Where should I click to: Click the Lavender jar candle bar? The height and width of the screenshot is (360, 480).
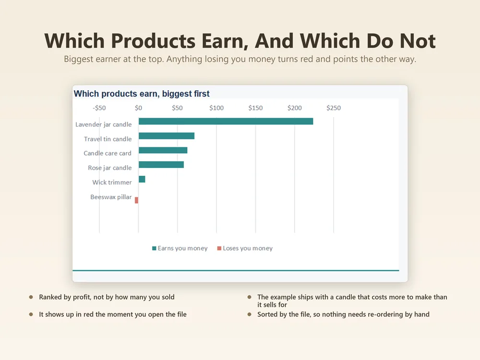(x=226, y=121)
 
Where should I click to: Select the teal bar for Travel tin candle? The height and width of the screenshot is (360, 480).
(x=167, y=136)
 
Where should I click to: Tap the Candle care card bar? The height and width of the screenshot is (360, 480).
(x=163, y=150)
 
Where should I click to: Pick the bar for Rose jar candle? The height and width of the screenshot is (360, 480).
(x=161, y=165)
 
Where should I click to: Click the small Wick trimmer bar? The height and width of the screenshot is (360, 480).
(x=142, y=179)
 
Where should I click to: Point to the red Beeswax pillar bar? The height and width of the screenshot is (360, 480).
(x=136, y=200)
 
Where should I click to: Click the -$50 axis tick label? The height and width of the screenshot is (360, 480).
(x=99, y=108)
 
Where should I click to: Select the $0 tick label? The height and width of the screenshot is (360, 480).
(x=138, y=108)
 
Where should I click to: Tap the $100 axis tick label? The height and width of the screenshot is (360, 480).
(x=216, y=108)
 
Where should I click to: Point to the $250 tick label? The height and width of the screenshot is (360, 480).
(x=334, y=108)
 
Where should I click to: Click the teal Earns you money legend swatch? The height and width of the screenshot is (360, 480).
(x=154, y=248)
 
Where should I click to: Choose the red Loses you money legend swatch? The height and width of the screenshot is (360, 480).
(x=219, y=248)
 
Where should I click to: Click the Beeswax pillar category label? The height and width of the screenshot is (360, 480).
(x=111, y=197)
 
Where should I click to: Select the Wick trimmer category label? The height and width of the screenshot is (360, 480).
(x=112, y=182)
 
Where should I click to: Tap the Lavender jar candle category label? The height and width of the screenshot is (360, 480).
(x=104, y=124)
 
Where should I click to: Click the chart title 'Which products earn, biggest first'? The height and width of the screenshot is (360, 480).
(x=142, y=94)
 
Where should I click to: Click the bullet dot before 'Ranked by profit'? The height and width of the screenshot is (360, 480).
(x=31, y=297)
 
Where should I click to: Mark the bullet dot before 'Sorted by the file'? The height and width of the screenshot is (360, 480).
(x=250, y=314)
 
